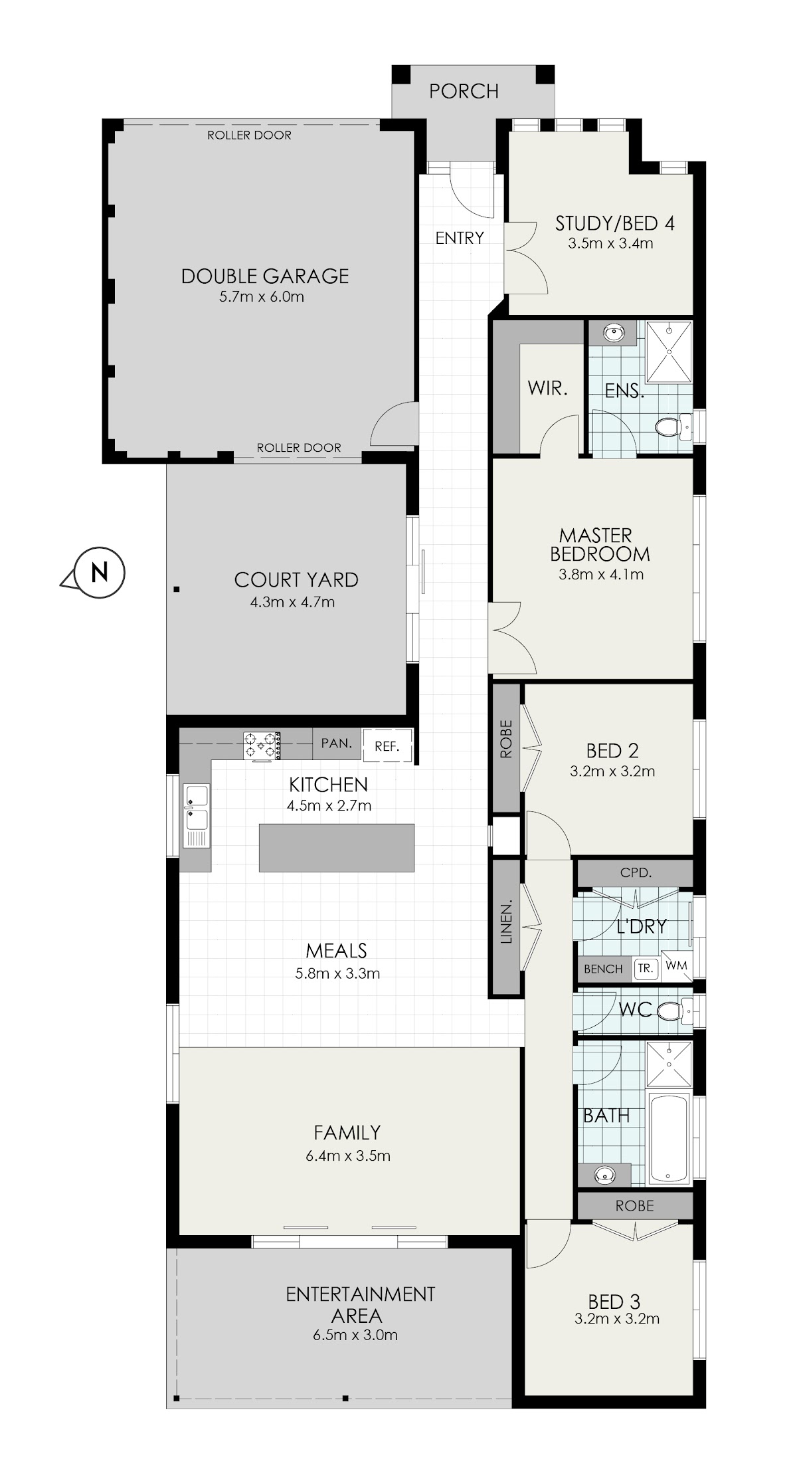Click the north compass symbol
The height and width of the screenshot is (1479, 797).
pos(98,572)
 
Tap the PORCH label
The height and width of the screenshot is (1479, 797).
pos(464,91)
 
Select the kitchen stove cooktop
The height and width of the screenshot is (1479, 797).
pos(262,745)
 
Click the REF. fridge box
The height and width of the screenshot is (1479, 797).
pos(387,745)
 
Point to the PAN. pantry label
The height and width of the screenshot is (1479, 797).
pos(337,743)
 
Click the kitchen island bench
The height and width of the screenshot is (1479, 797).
pos(336,847)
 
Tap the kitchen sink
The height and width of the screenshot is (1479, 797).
pos(197,816)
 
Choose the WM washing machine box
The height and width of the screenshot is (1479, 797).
pos(676,965)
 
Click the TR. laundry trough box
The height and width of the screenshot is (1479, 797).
pos(646,969)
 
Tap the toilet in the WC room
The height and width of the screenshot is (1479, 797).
pos(673,1011)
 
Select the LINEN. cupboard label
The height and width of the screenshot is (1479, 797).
pos(507,923)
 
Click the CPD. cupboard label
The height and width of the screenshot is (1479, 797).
pos(636,873)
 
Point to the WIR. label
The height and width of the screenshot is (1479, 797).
pos(548,388)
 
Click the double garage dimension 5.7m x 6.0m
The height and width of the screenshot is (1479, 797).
pos(262,297)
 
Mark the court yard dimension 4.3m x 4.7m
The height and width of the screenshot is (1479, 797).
pos(292,603)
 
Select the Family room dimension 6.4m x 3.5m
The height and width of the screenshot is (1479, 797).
pos(348,1155)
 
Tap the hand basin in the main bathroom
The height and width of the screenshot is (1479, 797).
pos(604,1175)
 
